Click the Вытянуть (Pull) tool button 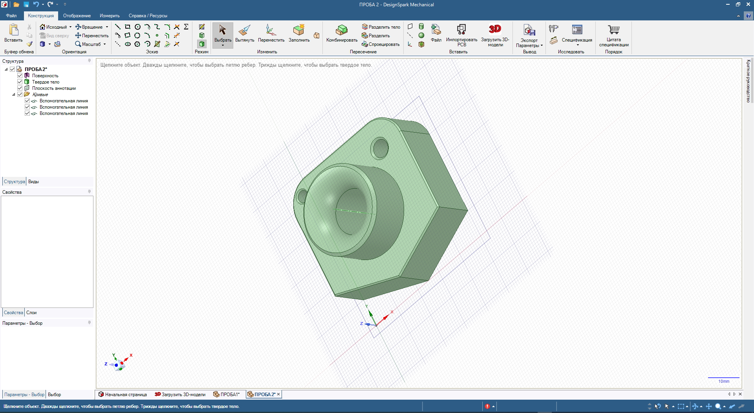click(245, 33)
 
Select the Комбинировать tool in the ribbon click(342, 33)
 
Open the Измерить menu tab click(110, 16)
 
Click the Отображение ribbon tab click(77, 16)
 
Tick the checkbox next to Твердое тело click(20, 82)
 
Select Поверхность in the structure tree click(45, 76)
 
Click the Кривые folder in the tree click(40, 95)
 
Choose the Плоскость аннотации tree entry click(54, 88)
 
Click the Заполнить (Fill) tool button click(299, 33)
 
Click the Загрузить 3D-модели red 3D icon click(495, 29)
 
